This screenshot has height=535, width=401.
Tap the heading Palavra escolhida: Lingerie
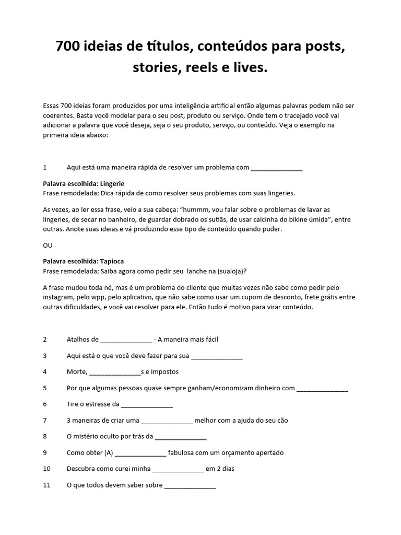point(84,184)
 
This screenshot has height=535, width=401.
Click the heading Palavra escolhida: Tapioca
point(83,261)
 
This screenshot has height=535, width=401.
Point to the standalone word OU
point(48,245)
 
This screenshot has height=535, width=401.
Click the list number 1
point(45,167)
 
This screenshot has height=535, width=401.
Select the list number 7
point(45,420)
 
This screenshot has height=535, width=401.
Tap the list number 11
point(46,485)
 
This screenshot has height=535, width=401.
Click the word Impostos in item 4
point(163,371)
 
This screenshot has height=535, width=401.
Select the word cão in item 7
point(281,420)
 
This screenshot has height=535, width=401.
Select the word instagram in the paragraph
point(59,298)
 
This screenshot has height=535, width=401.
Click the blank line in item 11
point(190,485)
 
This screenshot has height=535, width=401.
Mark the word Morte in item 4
point(77,371)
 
